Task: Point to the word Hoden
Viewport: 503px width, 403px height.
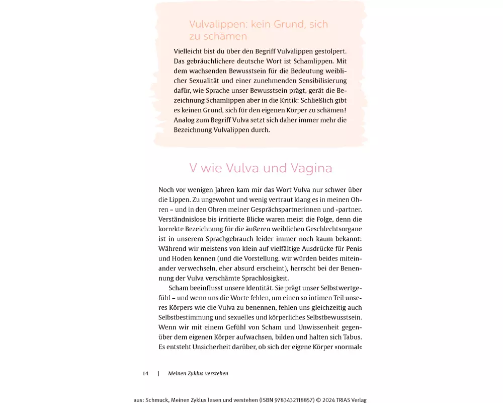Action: coord(180,258)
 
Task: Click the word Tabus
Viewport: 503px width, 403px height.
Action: coord(351,337)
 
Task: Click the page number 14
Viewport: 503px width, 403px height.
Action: coord(145,373)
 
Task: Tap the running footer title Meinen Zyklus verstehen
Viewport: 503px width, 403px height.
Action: coord(198,373)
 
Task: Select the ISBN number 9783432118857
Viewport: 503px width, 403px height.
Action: coord(284,400)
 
